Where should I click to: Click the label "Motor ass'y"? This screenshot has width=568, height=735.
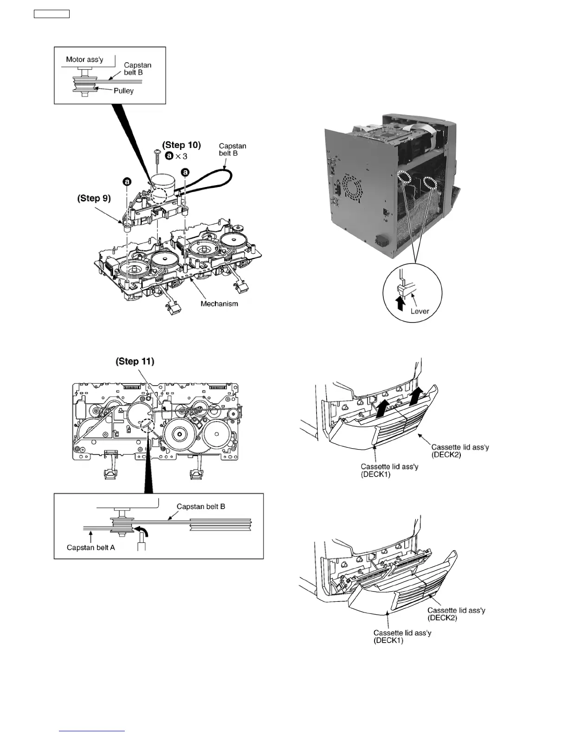coord(84,59)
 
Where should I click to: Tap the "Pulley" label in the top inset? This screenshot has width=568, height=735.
coord(123,91)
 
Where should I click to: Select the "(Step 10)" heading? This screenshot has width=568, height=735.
coord(181,145)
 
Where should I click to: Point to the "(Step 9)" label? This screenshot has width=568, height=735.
coord(94,198)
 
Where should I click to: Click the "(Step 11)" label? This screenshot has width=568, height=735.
coord(135,361)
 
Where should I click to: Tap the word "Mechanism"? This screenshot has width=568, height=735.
coord(219,304)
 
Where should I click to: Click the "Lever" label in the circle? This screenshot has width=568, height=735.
coord(420,311)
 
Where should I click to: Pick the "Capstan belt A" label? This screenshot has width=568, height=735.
coord(90,548)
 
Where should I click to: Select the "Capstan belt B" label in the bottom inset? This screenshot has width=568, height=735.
coord(201,507)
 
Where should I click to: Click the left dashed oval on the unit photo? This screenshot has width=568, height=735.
coord(404,178)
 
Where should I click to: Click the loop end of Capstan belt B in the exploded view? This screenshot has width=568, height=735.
coord(227,176)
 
